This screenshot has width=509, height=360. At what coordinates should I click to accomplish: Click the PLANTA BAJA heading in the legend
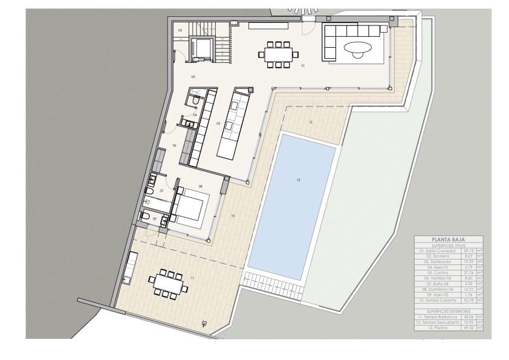[448, 239]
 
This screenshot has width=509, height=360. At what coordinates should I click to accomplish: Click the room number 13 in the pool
[297, 180]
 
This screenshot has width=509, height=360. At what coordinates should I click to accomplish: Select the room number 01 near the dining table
[302, 65]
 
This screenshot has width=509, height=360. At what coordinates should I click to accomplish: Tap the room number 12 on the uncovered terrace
[310, 122]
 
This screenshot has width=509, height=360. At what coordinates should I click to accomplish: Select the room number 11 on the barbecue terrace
[192, 277]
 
